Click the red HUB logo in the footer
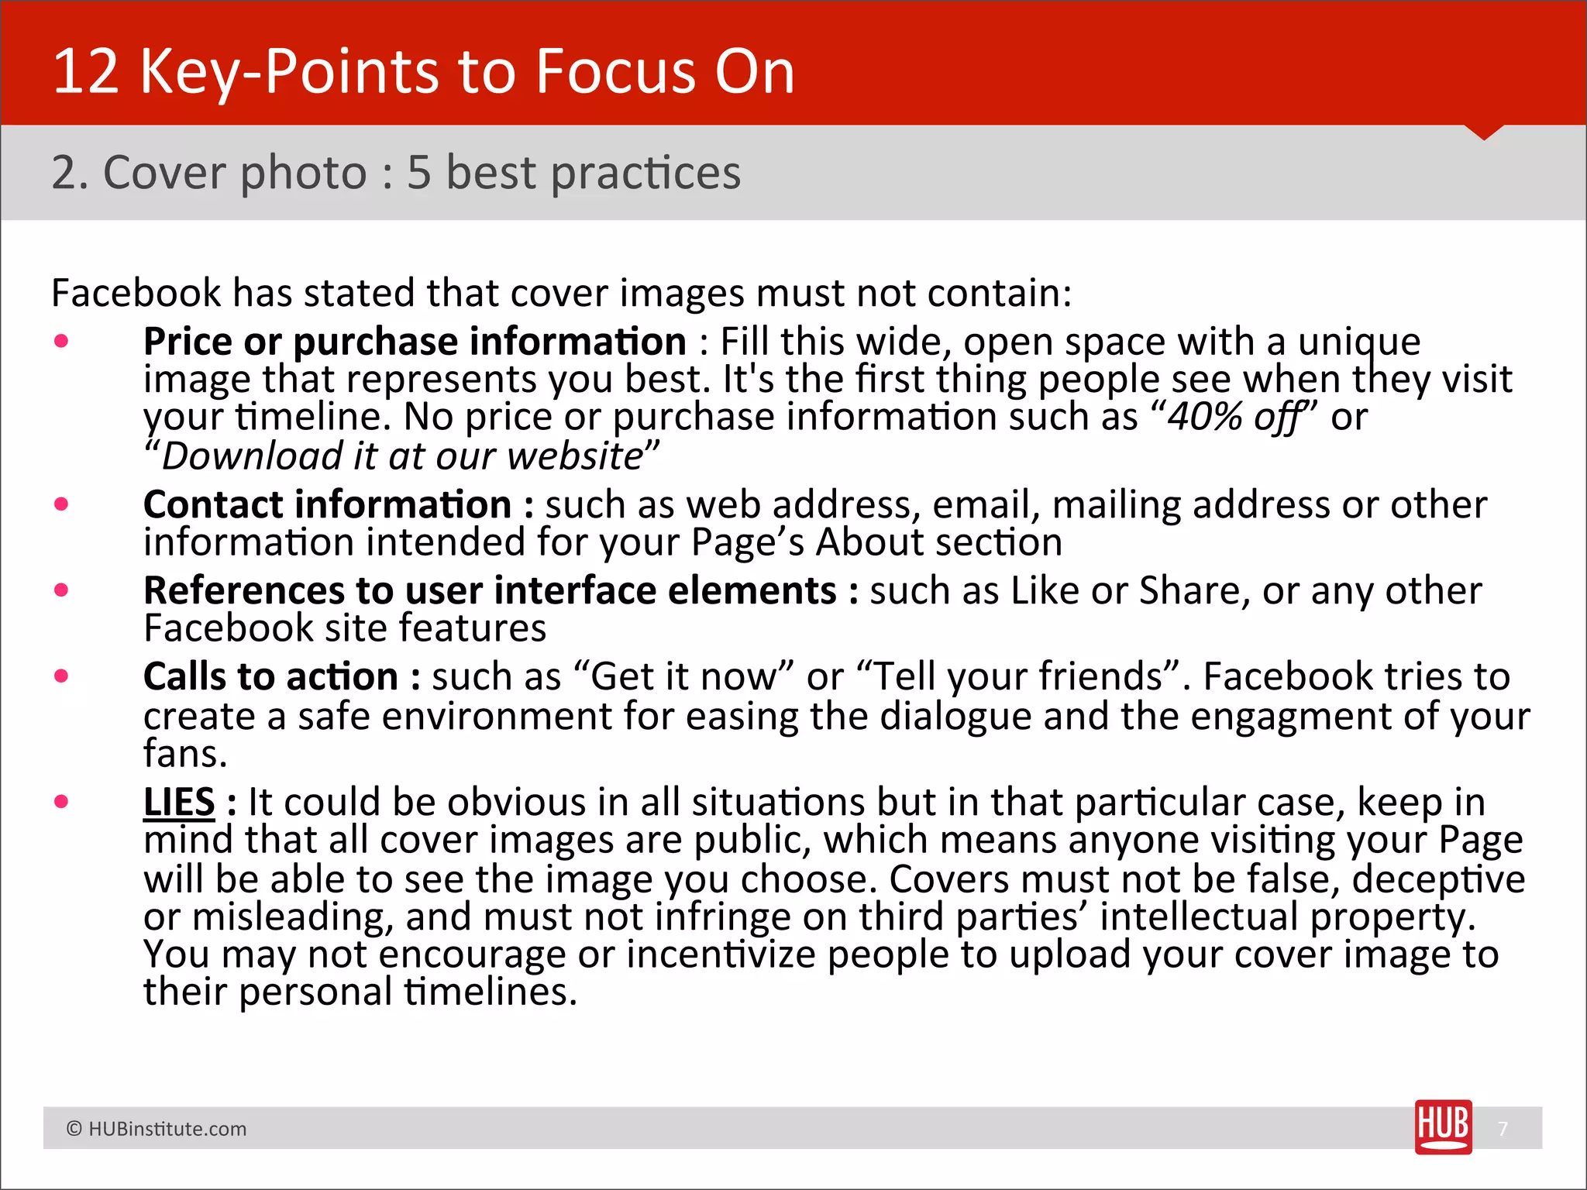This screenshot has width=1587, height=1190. tap(1443, 1126)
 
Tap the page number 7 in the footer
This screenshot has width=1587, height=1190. tap(1503, 1129)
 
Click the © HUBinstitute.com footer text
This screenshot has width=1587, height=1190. tap(157, 1129)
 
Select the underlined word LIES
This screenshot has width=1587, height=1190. tap(179, 802)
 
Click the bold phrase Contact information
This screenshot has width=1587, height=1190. tap(327, 505)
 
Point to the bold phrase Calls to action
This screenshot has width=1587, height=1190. tap(270, 676)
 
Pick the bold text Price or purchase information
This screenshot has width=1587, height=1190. tap(415, 342)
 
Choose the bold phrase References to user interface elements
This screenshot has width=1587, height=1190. tap(490, 590)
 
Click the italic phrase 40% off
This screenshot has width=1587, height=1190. tap(1235, 418)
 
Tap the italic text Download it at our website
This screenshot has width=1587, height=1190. tap(402, 456)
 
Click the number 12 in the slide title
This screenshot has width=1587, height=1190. tap(85, 71)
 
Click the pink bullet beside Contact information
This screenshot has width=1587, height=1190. tap(62, 504)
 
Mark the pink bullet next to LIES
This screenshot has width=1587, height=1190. tap(62, 801)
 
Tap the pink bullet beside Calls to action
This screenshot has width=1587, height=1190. tap(62, 676)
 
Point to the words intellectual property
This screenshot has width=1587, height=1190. tap(1283, 917)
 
